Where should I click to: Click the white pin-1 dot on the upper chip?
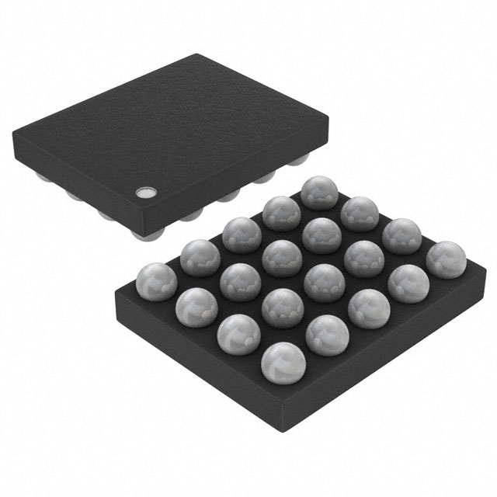pos(144,192)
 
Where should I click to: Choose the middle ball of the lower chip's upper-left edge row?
pos(240,234)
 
